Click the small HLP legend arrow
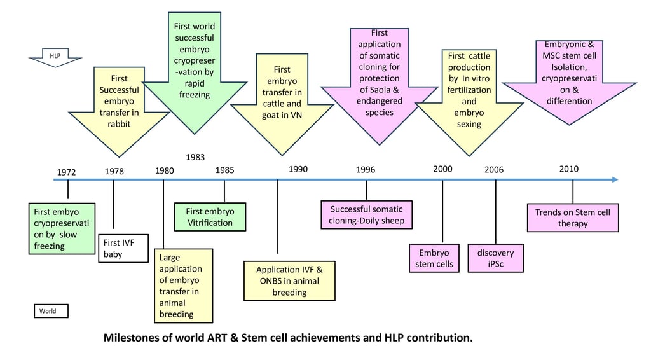point(55,57)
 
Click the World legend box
point(50,311)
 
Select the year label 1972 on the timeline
point(66,172)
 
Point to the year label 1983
point(195,156)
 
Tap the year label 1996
point(366,170)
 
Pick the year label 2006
point(494,170)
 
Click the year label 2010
point(569,169)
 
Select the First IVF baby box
point(124,248)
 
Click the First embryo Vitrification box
point(210,217)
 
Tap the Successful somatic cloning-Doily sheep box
point(366,215)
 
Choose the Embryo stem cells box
point(435,258)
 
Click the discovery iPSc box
point(495,258)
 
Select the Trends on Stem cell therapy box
point(573,218)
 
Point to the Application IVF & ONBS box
point(289,280)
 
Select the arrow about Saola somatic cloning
point(379,83)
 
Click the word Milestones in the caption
point(132,337)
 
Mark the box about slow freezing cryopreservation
point(62,228)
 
